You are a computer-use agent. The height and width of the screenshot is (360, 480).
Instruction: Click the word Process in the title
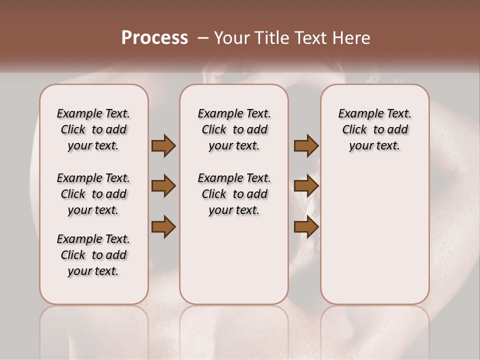coord(154,38)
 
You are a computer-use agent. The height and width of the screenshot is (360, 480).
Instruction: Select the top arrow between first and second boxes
coord(163,146)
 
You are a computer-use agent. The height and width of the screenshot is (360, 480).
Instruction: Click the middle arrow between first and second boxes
coord(163,186)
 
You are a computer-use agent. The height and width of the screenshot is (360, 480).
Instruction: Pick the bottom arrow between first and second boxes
coord(163,227)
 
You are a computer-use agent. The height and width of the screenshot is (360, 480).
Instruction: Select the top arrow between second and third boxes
coord(306,146)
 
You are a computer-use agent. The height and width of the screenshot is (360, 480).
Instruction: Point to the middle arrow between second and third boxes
coord(306,186)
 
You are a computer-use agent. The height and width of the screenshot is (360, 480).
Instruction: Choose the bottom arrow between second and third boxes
coord(306,227)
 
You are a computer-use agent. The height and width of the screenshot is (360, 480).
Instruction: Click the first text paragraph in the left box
coord(93,129)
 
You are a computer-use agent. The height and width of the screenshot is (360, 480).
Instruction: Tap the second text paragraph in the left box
coord(93,194)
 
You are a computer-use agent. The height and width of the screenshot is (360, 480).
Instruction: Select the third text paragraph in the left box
coord(93,255)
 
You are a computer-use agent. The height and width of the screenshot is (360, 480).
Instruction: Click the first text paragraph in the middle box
coord(234,129)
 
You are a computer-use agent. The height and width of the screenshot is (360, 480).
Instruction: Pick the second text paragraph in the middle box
coord(234,194)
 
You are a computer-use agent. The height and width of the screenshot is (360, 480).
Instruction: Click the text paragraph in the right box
coord(374,129)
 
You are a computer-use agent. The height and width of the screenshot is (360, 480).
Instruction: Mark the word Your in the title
coord(230,38)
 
